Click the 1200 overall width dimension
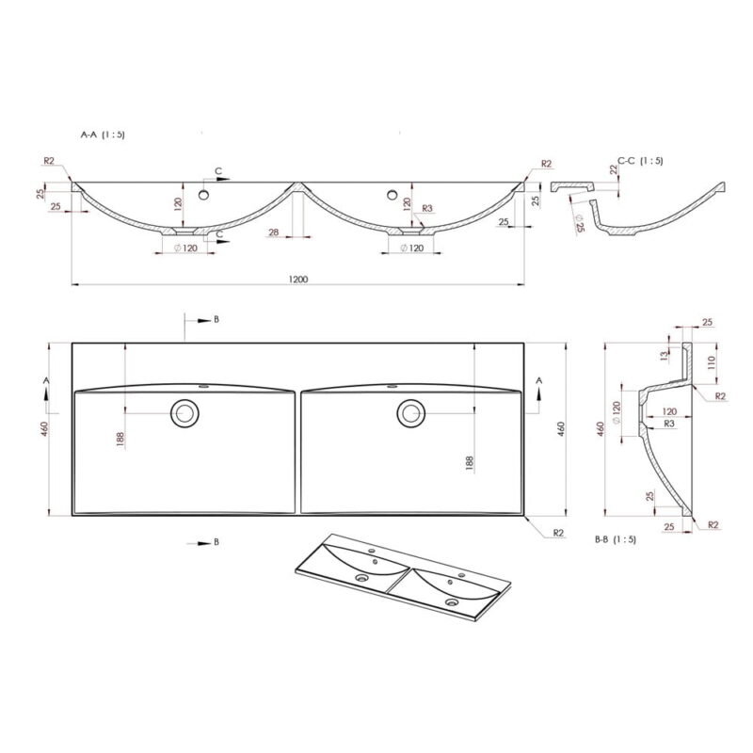pyautogui.click(x=298, y=279)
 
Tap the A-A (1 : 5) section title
pyautogui.click(x=103, y=135)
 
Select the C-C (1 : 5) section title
pyautogui.click(x=640, y=160)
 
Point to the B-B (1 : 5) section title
pyautogui.click(x=616, y=539)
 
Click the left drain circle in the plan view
pyautogui.click(x=184, y=413)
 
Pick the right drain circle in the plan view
pyautogui.click(x=411, y=413)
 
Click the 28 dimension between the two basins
pyautogui.click(x=274, y=232)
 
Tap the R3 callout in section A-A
pyautogui.click(x=427, y=208)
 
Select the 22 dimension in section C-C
pyautogui.click(x=614, y=169)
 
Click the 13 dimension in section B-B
pyautogui.click(x=665, y=356)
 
